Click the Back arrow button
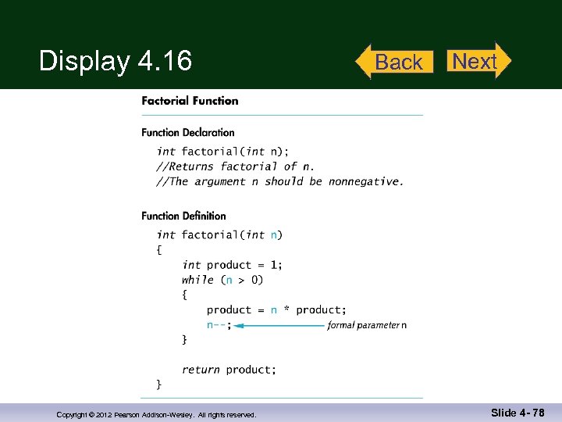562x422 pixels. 396,62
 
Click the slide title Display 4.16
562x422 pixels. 116,60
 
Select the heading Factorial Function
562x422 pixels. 190,100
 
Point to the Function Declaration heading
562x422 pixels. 188,132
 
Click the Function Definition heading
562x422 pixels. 184,216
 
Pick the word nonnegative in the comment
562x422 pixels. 364,181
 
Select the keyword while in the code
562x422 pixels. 197,280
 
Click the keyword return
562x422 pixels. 201,369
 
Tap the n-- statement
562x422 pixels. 219,325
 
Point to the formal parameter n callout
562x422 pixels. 367,325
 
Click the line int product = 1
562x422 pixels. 232,265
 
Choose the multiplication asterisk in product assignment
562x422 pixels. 286,310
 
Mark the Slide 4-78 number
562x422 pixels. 518,412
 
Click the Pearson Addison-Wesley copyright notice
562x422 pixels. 156,414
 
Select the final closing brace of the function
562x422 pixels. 159,384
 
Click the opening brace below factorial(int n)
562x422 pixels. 159,250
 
